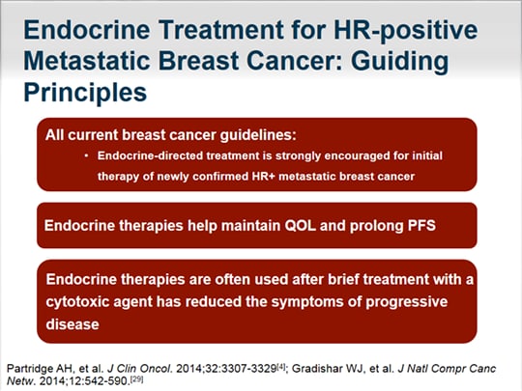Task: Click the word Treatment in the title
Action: tap(220, 29)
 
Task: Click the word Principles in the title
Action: tap(85, 93)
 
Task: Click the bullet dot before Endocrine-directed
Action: tap(87, 155)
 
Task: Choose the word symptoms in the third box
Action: tap(311, 302)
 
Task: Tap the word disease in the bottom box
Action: tap(72, 324)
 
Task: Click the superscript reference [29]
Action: tap(137, 378)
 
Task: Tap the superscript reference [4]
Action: tap(281, 367)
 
